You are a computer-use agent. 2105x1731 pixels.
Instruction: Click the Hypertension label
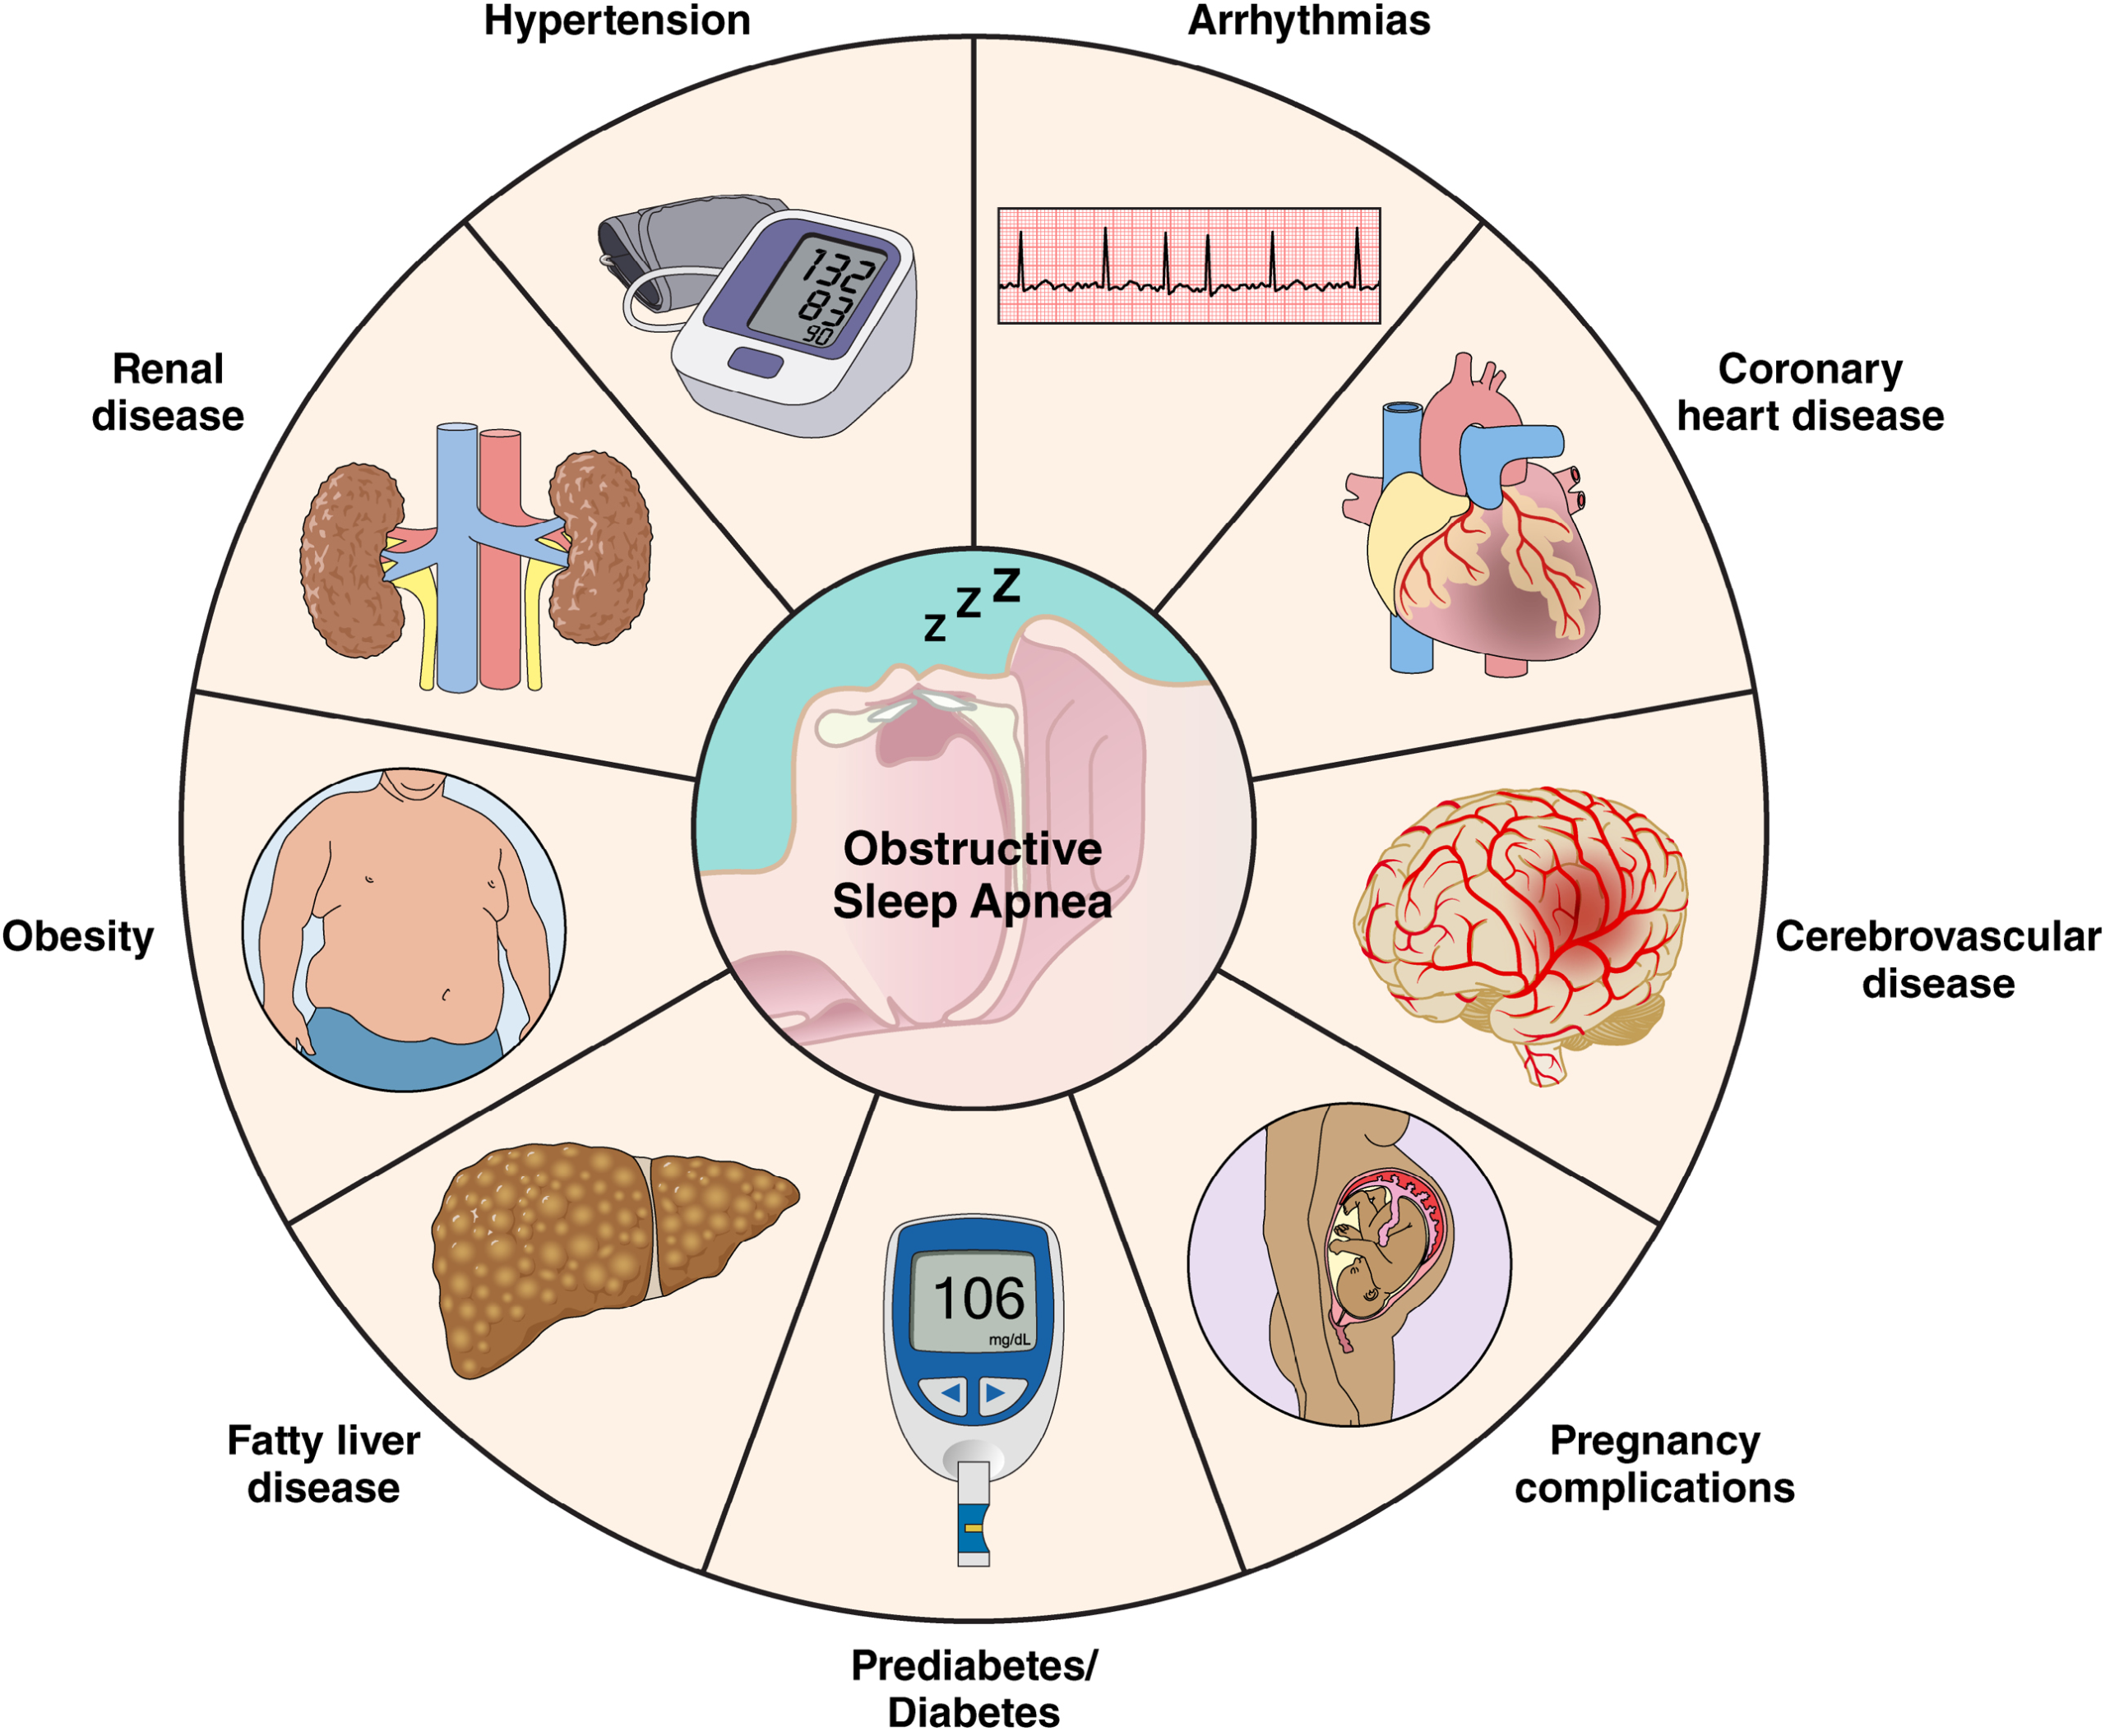point(617,20)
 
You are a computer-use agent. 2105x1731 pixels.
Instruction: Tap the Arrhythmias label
point(1309,20)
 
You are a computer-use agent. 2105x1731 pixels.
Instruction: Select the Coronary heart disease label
point(1809,392)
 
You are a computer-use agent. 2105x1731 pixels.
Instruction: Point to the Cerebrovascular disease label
point(1937,959)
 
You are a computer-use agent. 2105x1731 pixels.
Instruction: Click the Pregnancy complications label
point(1654,1464)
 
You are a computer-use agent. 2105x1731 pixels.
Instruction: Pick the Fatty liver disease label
point(323,1464)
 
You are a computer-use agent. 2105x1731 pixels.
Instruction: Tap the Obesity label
point(78,936)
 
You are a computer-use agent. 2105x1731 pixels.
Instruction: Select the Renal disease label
point(168,392)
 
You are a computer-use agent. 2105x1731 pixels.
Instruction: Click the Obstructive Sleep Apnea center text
point(973,875)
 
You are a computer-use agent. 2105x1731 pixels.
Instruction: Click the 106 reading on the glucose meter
point(978,1299)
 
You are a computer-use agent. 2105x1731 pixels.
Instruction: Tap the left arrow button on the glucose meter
point(949,1392)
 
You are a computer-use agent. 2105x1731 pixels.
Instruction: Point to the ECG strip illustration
point(1189,265)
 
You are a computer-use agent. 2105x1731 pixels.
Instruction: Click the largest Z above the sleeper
point(1006,585)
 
